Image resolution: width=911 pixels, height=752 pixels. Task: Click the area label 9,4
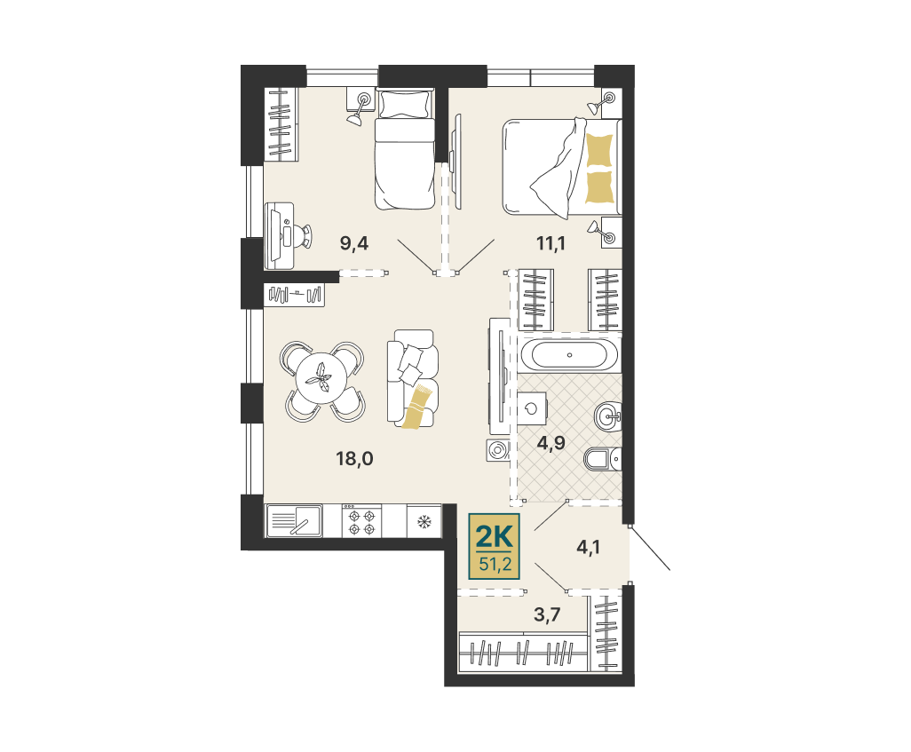[x=353, y=243]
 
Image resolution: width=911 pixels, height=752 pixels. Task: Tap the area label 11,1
[x=551, y=243]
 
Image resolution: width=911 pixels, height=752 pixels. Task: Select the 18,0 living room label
[x=354, y=458]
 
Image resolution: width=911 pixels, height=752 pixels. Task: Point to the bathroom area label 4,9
[x=551, y=443]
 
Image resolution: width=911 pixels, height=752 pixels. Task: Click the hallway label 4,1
[x=588, y=548]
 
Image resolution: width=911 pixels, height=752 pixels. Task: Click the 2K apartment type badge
[x=494, y=546]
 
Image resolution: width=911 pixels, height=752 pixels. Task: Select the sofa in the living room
[x=413, y=379]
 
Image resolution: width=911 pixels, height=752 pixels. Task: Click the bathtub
[x=569, y=355]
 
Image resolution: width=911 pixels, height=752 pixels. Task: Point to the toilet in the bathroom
[x=602, y=459]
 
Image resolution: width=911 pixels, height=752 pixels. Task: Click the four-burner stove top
[x=361, y=520]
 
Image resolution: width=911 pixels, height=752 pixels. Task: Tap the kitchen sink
[x=295, y=520]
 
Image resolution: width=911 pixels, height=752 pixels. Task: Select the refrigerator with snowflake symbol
[x=424, y=520]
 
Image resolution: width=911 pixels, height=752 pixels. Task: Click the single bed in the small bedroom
[x=405, y=148]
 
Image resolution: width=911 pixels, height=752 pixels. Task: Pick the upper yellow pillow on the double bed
[x=600, y=151]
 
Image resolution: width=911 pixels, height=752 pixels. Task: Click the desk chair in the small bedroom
[x=302, y=235]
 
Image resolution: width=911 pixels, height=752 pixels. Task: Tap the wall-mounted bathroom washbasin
[x=607, y=416]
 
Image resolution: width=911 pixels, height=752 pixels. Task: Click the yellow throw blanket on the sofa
[x=418, y=408]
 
